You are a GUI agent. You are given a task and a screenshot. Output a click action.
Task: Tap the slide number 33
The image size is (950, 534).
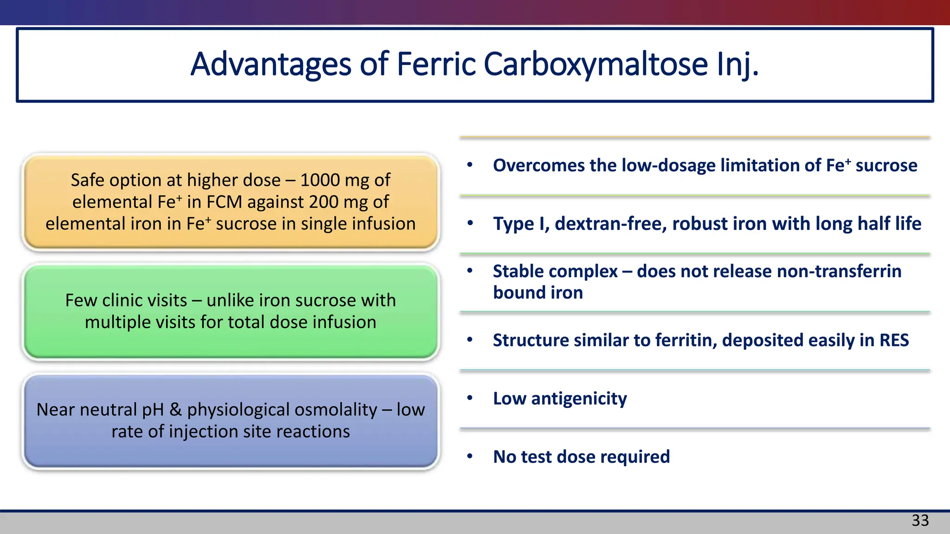coord(920,521)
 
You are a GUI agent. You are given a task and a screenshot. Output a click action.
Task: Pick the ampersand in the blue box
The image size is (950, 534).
coord(175,410)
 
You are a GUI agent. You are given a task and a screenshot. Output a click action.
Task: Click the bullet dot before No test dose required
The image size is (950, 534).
coord(470,457)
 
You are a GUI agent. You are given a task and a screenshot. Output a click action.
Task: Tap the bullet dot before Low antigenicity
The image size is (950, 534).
coord(470,398)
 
